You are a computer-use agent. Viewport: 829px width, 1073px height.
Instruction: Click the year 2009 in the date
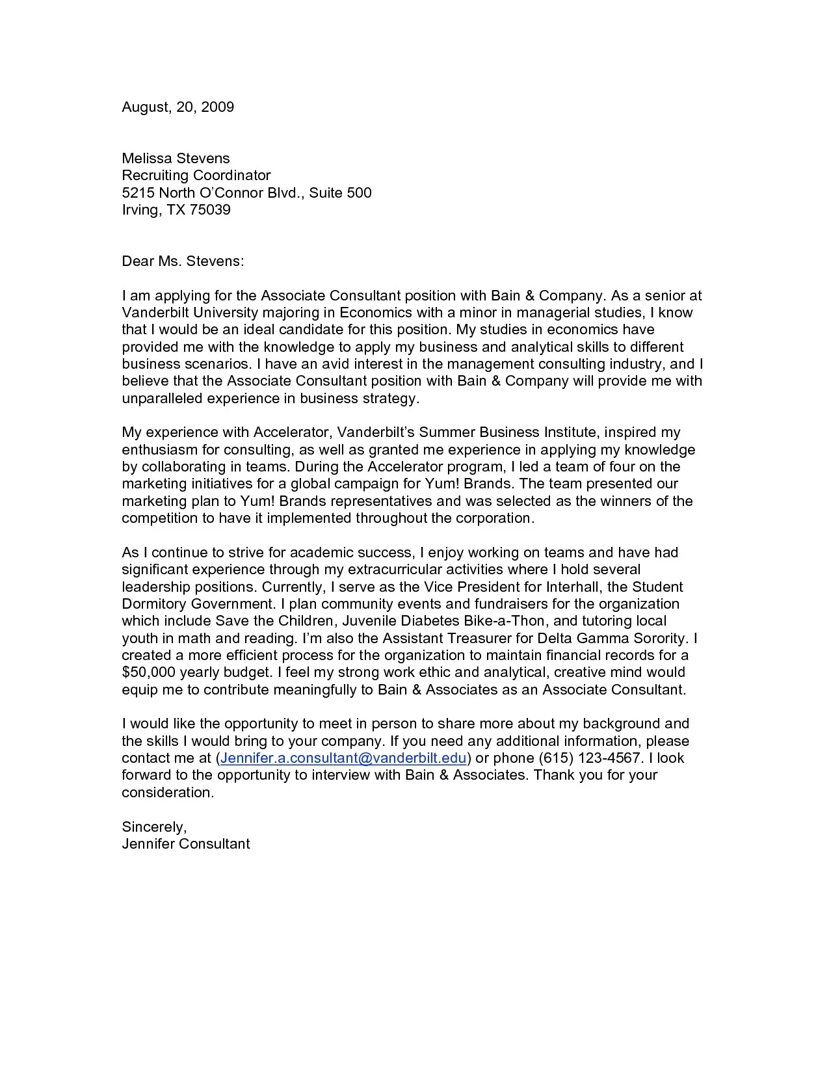click(x=217, y=107)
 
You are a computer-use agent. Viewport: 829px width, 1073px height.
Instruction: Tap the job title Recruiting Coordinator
click(x=196, y=176)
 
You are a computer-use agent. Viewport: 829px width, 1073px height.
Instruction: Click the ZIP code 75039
click(x=210, y=210)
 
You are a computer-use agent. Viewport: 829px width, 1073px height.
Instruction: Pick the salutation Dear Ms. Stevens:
click(x=183, y=261)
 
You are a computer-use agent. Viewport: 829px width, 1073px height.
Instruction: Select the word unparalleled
click(x=161, y=399)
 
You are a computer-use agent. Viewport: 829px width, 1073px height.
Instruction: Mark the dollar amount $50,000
click(x=148, y=672)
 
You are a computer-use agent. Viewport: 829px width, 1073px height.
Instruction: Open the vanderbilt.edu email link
click(x=343, y=758)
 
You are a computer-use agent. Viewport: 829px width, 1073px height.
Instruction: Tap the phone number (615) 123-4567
click(x=590, y=758)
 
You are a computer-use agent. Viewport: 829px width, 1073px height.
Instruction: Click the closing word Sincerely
click(x=153, y=827)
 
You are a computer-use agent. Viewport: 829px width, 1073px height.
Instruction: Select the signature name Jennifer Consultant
click(x=185, y=844)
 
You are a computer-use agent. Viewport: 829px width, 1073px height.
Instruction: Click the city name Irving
click(x=139, y=210)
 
